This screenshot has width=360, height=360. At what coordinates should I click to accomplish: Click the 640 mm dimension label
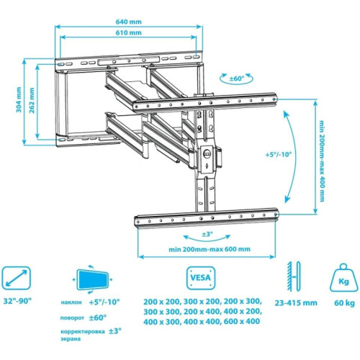[129, 22]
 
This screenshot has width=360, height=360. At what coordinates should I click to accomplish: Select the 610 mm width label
[129, 32]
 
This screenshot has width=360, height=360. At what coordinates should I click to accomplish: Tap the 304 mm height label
[19, 99]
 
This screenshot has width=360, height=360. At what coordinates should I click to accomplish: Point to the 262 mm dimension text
[32, 100]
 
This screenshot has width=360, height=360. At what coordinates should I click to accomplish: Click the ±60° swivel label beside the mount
[237, 78]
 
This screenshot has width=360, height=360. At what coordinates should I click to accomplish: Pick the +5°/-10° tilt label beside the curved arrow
[279, 154]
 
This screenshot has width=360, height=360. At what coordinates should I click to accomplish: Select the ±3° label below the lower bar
[207, 234]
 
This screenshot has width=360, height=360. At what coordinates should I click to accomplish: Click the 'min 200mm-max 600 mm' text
[210, 249]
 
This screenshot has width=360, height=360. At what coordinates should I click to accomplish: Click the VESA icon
[201, 278]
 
